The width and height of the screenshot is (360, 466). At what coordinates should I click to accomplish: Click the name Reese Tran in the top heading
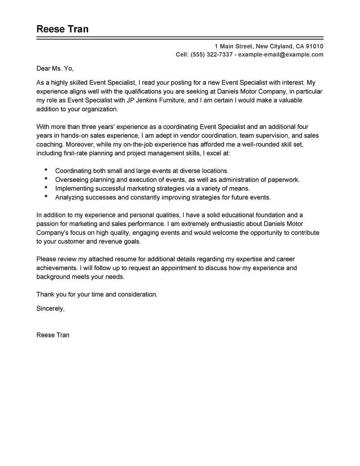click(63, 29)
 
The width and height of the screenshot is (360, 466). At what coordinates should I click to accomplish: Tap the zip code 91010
click(314, 46)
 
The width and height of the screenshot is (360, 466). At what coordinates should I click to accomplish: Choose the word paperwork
click(282, 180)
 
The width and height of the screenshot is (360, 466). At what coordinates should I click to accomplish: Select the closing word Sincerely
click(50, 309)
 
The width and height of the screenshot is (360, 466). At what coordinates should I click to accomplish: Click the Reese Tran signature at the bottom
click(53, 335)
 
